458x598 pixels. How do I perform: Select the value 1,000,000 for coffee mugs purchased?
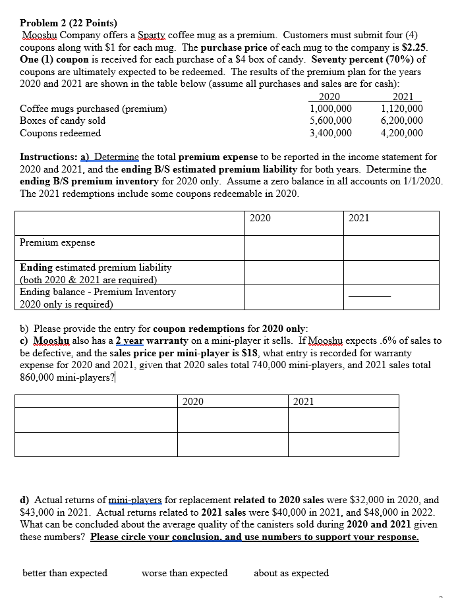[330, 109]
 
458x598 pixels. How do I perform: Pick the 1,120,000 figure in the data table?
[402, 109]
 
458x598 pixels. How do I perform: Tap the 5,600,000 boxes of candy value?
[330, 121]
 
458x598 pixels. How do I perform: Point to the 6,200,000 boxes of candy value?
[402, 121]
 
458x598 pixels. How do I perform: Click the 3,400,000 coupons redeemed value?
[330, 133]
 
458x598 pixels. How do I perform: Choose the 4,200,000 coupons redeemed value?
[402, 133]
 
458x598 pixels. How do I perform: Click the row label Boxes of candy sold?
[63, 121]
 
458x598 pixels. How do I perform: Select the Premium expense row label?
[57, 242]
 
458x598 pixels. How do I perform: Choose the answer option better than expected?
[65, 573]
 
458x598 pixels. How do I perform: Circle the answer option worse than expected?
[185, 573]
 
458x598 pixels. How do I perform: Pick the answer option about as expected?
[291, 573]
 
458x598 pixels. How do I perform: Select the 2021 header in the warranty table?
[303, 401]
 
